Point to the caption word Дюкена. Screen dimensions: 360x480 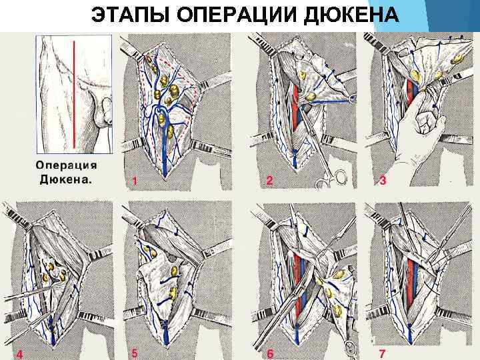65,179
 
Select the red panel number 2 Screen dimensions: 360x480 269,181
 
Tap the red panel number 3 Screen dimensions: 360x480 383,181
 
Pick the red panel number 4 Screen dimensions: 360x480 20,354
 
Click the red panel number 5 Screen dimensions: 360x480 135,353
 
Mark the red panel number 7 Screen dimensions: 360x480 382,353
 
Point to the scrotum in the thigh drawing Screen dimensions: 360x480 101,115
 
